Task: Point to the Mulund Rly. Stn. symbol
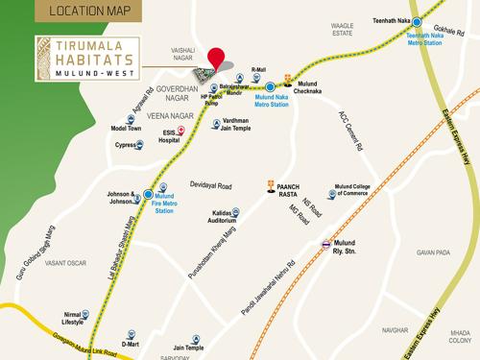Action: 327,244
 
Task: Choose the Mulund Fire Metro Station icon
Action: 148,193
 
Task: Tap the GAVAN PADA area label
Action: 433,252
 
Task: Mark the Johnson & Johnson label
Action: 121,199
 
